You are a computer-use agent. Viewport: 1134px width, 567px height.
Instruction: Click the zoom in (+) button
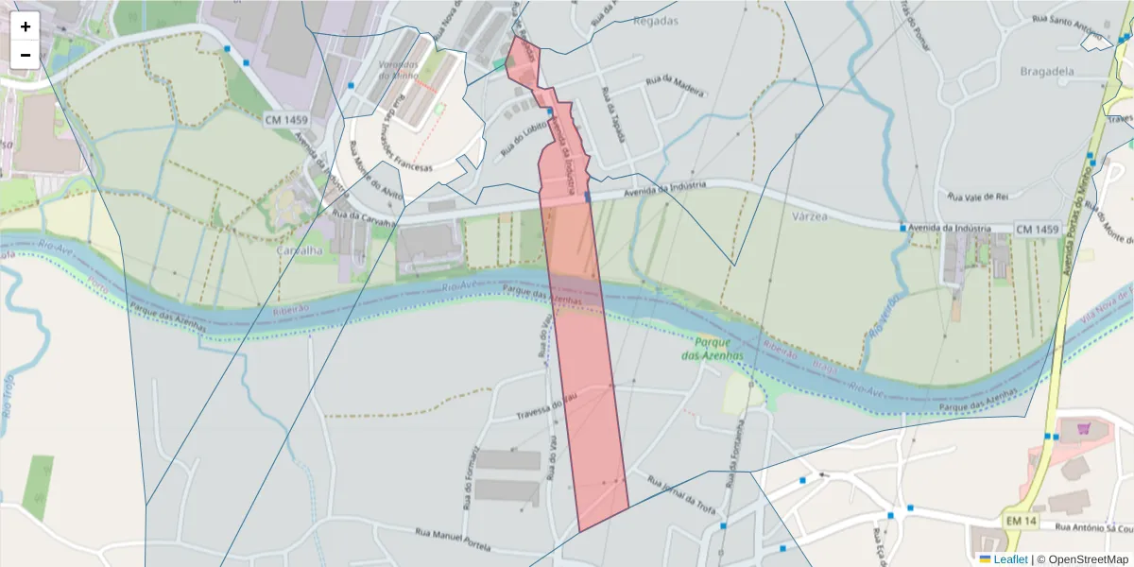pos(26,26)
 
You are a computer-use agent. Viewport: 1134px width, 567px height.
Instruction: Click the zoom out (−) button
pos(26,55)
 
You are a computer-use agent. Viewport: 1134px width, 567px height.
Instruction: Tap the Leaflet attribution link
pos(1010,559)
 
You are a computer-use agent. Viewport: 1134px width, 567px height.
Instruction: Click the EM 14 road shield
pos(1020,522)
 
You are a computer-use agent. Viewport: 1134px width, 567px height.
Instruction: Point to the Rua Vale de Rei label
pos(979,197)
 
